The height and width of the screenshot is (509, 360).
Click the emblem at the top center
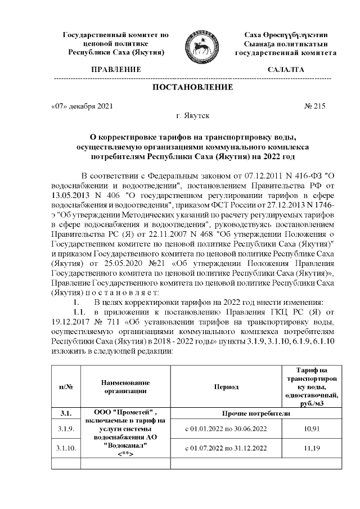202,43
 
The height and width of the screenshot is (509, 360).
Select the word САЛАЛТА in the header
285,70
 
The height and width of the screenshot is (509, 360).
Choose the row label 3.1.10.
66,449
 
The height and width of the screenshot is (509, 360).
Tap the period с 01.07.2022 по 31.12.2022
226,448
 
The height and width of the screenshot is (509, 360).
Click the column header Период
226,386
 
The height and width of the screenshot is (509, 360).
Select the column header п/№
66,386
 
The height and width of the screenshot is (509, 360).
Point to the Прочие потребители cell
256,413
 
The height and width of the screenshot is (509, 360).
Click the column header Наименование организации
125,386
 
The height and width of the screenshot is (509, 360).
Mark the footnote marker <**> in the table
125,454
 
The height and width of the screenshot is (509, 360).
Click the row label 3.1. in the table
66,413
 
